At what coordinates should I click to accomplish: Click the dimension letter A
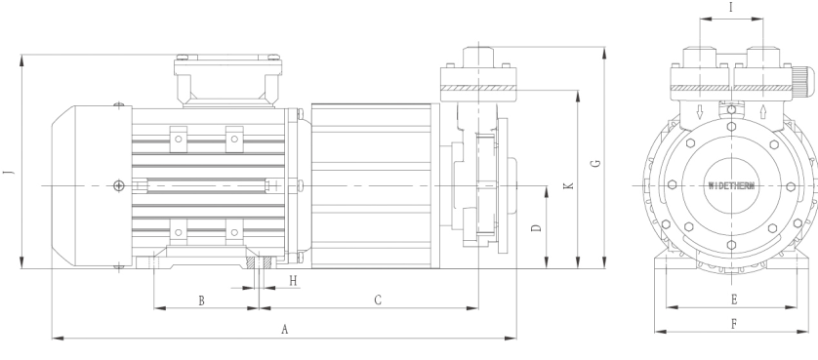284,329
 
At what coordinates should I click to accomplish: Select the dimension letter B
201,300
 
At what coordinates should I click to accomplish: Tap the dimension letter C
378,300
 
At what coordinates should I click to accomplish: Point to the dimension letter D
536,228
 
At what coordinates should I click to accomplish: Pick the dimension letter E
734,300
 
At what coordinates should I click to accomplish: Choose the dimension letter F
734,324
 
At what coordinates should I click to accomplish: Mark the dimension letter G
595,163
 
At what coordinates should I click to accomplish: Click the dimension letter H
293,281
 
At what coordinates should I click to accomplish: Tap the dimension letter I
731,7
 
